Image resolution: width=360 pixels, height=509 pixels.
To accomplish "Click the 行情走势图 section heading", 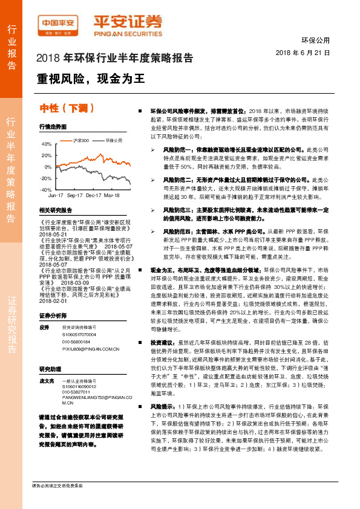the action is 53,128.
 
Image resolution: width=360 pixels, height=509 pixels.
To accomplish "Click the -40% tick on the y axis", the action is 46,189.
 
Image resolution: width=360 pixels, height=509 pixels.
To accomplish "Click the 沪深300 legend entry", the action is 80,140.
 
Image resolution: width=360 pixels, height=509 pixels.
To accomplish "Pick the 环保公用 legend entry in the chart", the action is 113,140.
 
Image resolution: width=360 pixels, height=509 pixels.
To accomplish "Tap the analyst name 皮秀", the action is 44,327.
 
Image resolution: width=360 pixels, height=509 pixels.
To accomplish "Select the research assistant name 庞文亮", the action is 47,381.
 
